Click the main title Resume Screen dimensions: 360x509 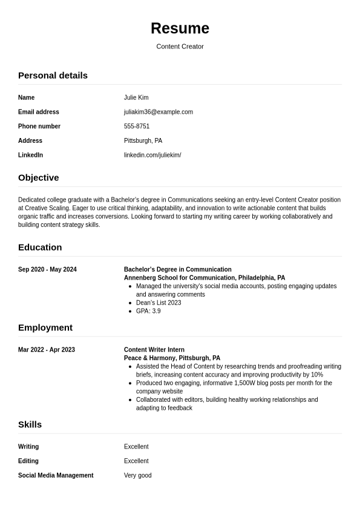pos(180,28)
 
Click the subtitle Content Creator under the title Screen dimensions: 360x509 pos(180,47)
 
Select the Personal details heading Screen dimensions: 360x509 pos(53,76)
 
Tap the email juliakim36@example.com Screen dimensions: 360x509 pos(159,112)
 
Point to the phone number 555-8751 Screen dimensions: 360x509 pos(137,126)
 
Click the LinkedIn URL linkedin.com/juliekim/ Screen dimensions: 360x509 pos(152,155)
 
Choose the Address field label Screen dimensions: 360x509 pos(30,141)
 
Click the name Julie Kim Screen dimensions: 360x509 pos(136,97)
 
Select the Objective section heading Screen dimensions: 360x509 pos(39,178)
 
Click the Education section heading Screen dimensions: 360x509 pos(40,248)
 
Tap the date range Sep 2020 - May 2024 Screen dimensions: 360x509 pos(47,270)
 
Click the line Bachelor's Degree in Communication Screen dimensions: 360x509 pos(178,270)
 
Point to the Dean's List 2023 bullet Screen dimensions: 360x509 pos(159,303)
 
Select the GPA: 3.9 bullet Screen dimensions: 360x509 pos(148,311)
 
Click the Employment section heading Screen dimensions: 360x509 pos(45,328)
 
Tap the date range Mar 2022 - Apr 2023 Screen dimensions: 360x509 pos(47,350)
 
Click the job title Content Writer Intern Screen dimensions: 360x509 pos(154,350)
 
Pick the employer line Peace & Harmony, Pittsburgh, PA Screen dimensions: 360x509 pos(172,358)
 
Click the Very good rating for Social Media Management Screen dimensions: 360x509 pos(138,476)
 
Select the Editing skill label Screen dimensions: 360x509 pos(28,461)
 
